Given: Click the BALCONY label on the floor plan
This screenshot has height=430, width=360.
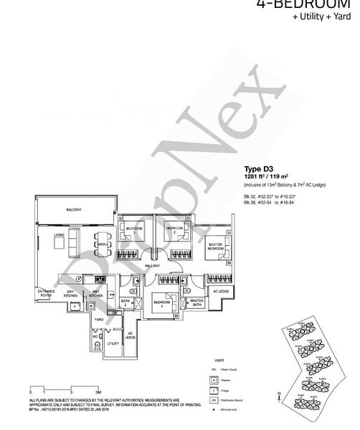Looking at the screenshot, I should point(73,209).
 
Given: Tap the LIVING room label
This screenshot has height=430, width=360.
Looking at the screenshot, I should point(60,234).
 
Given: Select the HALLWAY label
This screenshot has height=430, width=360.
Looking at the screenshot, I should point(153,266).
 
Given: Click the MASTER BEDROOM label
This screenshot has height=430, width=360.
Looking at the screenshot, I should point(214,247).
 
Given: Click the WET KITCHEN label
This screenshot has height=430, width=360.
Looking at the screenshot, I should point(96,293).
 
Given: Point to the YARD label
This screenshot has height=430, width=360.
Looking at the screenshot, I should point(100,320).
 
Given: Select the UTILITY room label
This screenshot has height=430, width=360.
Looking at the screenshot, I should point(113,343).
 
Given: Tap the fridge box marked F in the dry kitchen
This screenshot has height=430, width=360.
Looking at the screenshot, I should point(73,306).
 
